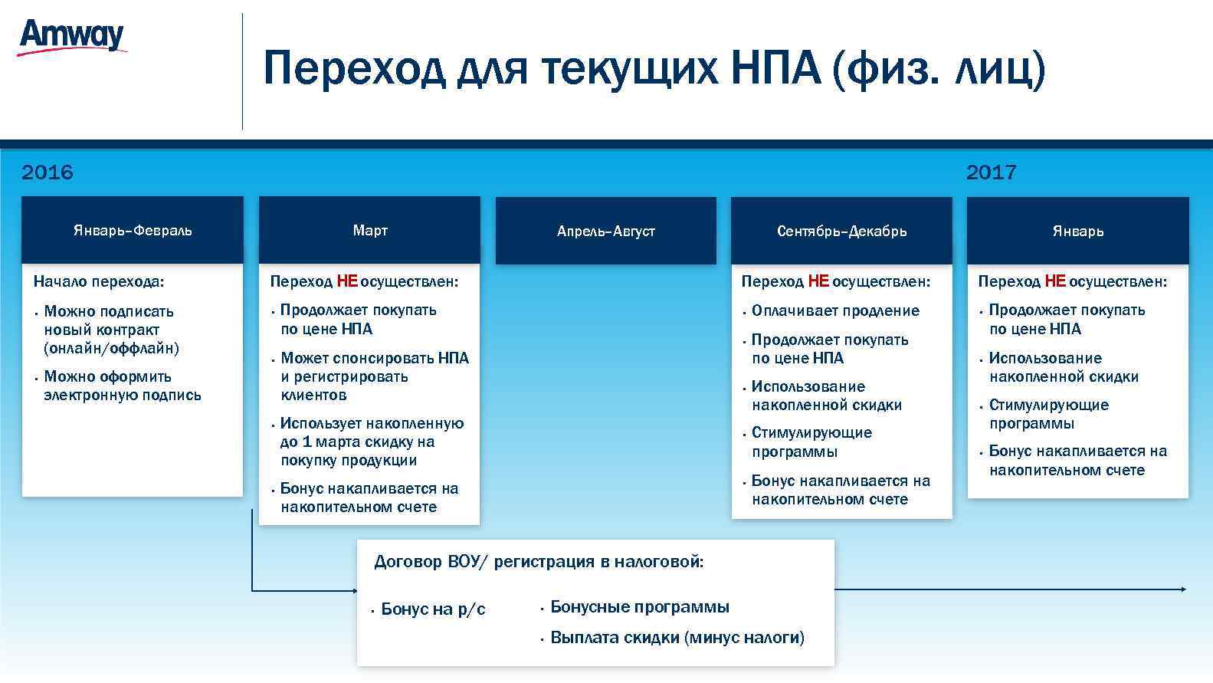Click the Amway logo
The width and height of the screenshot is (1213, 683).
pos(71,36)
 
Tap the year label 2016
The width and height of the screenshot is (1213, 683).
pos(48,172)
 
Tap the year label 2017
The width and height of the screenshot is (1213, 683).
pos(991,172)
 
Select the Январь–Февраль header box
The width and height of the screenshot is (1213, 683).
pos(133,230)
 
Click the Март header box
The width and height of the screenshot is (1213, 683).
pos(369,230)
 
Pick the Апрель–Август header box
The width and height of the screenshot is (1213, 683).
pos(605,231)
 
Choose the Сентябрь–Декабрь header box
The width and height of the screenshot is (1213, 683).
pos(841,231)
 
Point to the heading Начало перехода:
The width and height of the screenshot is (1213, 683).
pos(99,281)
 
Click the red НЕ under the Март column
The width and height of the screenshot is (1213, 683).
pos(347,281)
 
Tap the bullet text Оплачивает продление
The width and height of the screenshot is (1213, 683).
pos(835,310)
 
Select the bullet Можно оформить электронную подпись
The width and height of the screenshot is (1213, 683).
pos(123,386)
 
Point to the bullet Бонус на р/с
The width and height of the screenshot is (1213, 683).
pos(433,609)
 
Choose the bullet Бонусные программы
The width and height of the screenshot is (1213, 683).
pos(640,607)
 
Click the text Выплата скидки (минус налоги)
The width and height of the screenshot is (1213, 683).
pos(677,638)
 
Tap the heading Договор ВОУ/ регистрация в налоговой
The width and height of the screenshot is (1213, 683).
pos(539,562)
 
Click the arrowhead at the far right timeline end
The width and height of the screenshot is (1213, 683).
pos(1183,589)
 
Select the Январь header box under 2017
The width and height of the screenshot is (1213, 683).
pos(1077,231)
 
